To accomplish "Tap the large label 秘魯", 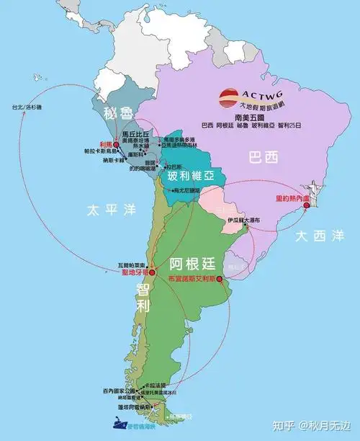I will pyautogui.click(x=118, y=114).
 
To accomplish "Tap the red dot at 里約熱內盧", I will pyautogui.click(x=307, y=205).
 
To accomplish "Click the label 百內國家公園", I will pyautogui.click(x=120, y=391).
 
